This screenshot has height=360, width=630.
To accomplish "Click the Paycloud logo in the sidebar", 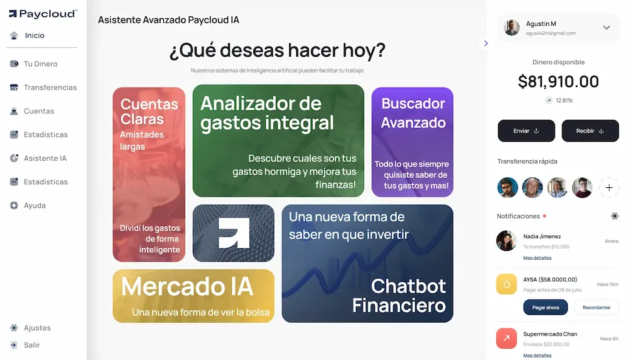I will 42,13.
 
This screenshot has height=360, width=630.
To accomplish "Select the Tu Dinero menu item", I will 40,64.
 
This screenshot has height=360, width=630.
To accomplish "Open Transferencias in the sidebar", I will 50,88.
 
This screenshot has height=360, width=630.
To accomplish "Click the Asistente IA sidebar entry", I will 45,158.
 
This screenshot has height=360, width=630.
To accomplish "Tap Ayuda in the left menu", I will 35,206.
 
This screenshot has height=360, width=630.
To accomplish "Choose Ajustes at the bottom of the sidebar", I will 37,328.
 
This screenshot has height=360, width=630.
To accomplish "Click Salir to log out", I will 31,345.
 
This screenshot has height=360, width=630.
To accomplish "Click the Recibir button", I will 590,131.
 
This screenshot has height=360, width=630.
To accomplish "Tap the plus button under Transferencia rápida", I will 609,188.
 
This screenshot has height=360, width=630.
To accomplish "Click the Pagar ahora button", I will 545,308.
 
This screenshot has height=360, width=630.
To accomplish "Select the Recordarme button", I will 596,308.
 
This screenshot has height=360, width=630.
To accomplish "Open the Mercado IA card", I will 193,296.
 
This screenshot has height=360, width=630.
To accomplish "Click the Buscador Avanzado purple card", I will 413,142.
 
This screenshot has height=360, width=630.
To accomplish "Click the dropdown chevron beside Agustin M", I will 607,28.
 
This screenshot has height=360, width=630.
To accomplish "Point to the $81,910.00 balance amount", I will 558,82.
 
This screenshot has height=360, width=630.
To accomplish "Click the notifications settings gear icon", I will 615,216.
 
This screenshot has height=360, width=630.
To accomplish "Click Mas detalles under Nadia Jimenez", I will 537,258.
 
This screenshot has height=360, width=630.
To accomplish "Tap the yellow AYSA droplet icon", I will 507,284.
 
